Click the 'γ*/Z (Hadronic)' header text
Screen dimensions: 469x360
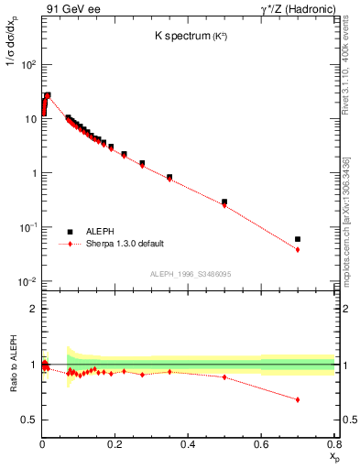tap(294, 10)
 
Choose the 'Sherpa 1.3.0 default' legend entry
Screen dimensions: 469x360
tap(125, 245)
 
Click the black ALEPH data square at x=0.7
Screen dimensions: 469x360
tap(298, 239)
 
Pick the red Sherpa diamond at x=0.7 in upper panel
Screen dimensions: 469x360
tap(298, 249)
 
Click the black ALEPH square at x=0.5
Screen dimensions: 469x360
tap(224, 202)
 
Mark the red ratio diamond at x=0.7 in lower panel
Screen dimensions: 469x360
tap(298, 399)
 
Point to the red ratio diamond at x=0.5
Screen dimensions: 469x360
tap(224, 376)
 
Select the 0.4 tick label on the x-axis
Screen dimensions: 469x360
tap(188, 444)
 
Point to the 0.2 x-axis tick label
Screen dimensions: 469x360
tap(115, 444)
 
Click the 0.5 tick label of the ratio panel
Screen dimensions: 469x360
tap(30, 420)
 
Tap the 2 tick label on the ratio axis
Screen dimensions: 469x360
tap(34, 310)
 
